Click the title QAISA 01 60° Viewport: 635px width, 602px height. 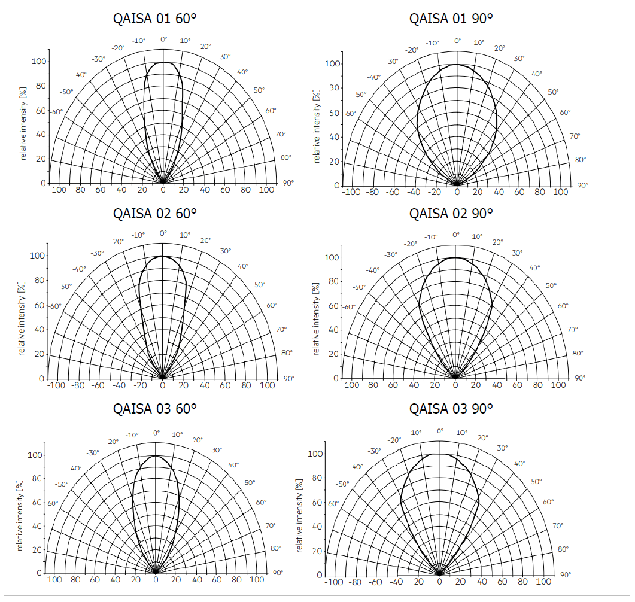pos(154,18)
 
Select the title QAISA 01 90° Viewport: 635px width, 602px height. pos(451,18)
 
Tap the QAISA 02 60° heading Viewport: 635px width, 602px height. pos(154,213)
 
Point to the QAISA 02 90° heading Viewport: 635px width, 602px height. pos(451,213)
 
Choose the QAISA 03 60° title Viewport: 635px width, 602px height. pos(154,409)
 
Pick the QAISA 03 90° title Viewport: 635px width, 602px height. pos(451,409)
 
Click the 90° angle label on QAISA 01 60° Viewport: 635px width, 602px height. pos(288,183)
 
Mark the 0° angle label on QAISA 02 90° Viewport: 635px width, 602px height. pos(456,235)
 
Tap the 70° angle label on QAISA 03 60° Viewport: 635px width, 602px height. pos(271,525)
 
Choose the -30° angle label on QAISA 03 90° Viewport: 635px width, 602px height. pos(375,451)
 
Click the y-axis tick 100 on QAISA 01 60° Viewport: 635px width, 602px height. pos(40,62)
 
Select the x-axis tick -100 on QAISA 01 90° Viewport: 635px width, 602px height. pos(352,193)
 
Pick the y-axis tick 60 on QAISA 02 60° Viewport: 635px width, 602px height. pos(40,305)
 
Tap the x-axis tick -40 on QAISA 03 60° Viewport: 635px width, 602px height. pos(115,580)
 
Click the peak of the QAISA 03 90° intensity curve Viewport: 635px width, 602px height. pos(440,454)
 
